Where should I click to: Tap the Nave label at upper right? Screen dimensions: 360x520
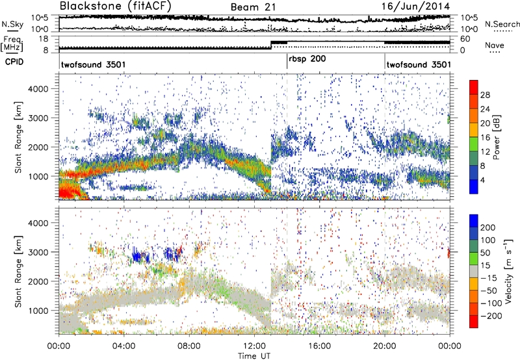[x=495, y=46]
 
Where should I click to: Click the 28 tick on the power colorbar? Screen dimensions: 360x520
[x=485, y=95]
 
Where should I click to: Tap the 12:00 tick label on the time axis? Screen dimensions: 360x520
[x=254, y=345]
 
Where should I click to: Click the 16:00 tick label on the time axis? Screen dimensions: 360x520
[x=319, y=345]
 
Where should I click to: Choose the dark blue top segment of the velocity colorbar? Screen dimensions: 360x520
[x=474, y=225]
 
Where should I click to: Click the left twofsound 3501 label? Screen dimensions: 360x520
[x=92, y=65]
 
